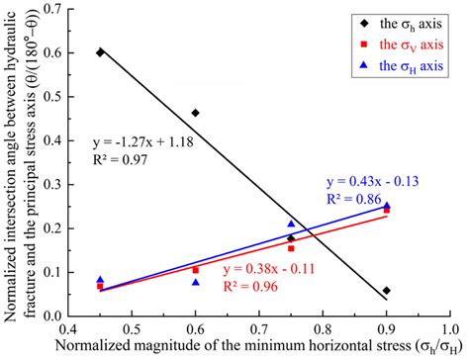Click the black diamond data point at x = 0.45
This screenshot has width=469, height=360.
100,52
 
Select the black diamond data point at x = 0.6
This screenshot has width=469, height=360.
196,114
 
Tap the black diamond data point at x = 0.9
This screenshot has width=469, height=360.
386,291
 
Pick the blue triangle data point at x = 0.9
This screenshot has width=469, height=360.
387,206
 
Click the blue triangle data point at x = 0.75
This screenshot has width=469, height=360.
291,225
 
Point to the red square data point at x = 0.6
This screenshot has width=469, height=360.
196,270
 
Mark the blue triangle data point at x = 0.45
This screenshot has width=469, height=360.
100,280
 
